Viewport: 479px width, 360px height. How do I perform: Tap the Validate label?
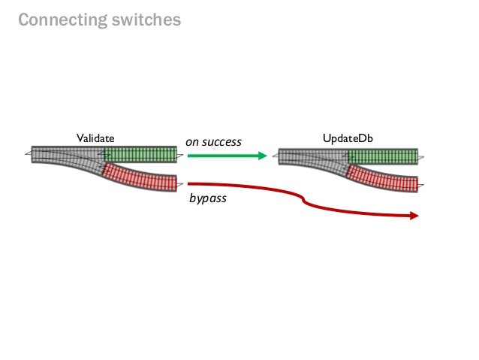[95, 139]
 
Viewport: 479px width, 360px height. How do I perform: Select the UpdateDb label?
[348, 139]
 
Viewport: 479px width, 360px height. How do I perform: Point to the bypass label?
[208, 201]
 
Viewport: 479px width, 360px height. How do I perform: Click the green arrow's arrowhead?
[262, 156]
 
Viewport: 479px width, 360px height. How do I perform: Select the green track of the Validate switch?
[141, 155]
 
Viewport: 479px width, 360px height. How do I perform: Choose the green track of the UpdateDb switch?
[383, 156]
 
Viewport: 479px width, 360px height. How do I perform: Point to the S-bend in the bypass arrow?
[303, 201]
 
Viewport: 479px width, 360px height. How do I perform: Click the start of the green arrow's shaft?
[190, 156]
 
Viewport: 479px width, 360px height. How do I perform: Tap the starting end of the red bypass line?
[190, 183]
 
